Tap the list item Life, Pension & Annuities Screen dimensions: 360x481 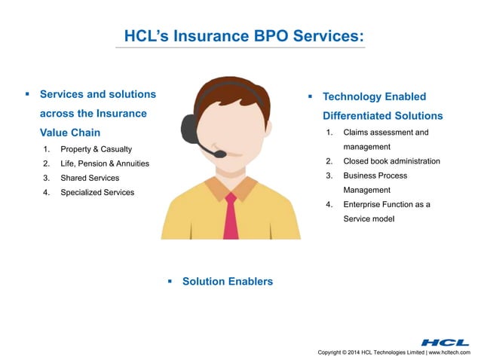click(x=105, y=163)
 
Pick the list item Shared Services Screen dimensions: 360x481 click(x=90, y=178)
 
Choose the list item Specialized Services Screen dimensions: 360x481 click(x=97, y=192)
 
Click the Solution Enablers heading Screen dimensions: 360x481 click(x=227, y=281)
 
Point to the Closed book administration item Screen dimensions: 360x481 click(x=391, y=161)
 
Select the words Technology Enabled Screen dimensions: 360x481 click(x=374, y=96)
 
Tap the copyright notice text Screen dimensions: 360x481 click(x=394, y=352)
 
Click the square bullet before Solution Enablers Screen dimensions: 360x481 click(x=170, y=281)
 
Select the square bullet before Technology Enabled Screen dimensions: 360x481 click(x=310, y=96)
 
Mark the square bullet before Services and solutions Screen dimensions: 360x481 click(x=27, y=94)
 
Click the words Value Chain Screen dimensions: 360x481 click(x=70, y=132)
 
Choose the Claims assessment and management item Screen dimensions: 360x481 click(x=385, y=139)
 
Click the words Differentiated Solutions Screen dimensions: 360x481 click(x=382, y=116)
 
